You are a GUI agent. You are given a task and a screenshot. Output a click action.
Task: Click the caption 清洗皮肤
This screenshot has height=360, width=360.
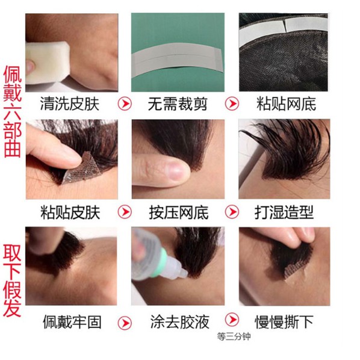[70, 104]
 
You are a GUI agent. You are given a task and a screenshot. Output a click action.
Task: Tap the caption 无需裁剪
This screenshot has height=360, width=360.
[177, 104]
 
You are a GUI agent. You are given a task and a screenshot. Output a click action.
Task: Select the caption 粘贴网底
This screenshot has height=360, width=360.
[284, 104]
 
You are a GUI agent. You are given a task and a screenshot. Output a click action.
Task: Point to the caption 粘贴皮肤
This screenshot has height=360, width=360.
[70, 212]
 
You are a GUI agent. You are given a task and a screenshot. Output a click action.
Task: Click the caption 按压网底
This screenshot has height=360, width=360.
[177, 212]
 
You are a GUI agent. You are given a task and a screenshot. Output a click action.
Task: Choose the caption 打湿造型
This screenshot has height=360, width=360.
[284, 212]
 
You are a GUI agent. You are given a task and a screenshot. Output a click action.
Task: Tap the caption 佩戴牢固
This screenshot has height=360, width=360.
[70, 321]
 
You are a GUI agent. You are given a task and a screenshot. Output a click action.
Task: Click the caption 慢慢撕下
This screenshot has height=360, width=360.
[284, 321]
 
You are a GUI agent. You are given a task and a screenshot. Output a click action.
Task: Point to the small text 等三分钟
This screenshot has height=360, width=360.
[234, 337]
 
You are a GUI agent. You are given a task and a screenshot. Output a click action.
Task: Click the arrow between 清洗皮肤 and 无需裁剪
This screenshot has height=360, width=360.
[125, 104]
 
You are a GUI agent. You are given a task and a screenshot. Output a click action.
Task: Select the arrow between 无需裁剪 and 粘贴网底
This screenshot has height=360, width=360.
[232, 104]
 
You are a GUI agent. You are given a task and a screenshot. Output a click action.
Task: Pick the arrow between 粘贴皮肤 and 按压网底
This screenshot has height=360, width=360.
[125, 212]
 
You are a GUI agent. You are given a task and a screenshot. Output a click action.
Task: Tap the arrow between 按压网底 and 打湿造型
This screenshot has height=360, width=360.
[232, 212]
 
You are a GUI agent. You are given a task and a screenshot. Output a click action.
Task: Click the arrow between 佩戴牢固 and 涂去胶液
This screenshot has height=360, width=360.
[125, 321]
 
